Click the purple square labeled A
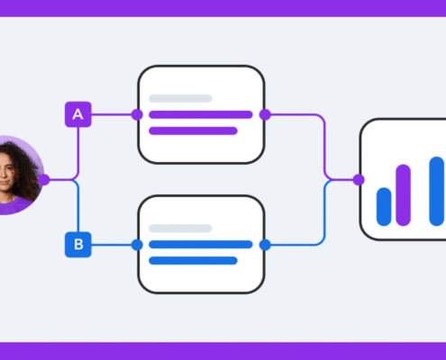[x=78, y=114]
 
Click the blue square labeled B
[x=78, y=245]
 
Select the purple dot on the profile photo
[x=44, y=180]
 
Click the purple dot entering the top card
[x=137, y=114]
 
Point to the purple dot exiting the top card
[x=265, y=114]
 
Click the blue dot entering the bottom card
[x=137, y=245]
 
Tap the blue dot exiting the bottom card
[x=265, y=245]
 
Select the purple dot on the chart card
[x=359, y=180]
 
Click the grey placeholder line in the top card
[x=180, y=98]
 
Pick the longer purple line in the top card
[x=201, y=114]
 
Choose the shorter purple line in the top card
[x=193, y=130]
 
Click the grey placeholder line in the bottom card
[x=180, y=229]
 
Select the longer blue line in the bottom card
[x=201, y=245]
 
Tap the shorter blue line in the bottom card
[x=193, y=261]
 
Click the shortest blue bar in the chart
[x=384, y=207]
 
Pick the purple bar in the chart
[x=403, y=195]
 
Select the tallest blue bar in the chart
[x=437, y=191]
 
